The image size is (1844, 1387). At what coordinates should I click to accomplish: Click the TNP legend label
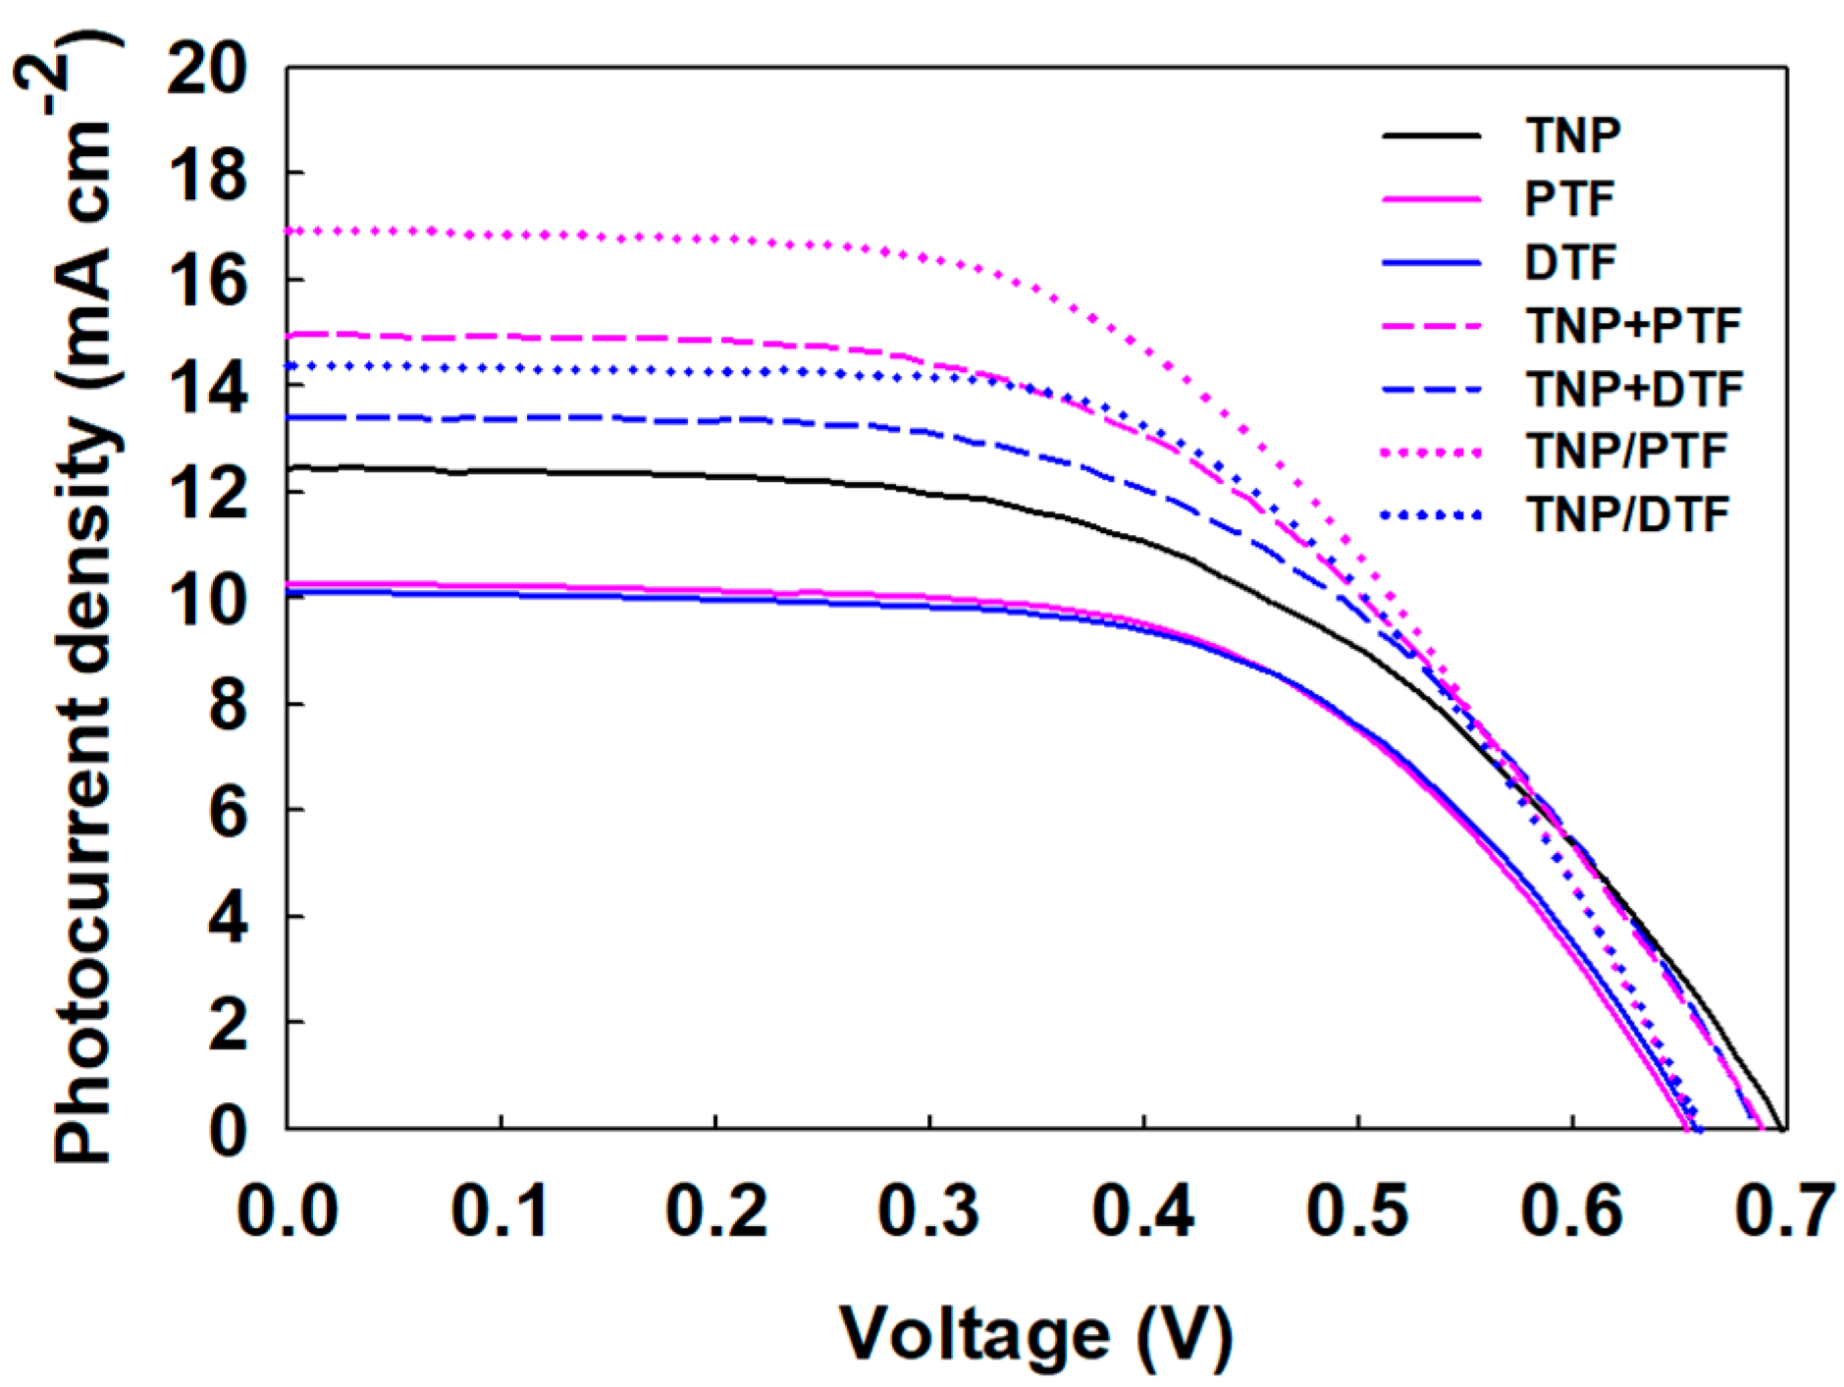click(x=1572, y=135)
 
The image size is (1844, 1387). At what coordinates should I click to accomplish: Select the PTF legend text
click(x=1569, y=199)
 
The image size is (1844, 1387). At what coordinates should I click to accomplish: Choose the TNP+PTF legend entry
click(x=1633, y=326)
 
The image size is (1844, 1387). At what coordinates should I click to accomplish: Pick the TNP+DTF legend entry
click(x=1634, y=390)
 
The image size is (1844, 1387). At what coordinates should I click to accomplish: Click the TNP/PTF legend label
click(x=1626, y=453)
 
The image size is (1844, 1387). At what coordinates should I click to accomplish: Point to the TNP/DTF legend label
click(x=1627, y=515)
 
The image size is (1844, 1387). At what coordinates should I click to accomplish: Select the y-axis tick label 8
click(x=228, y=705)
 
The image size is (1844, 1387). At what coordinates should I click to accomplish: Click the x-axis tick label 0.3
click(x=928, y=1210)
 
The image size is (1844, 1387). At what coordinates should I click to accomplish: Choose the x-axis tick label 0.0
click(x=288, y=1210)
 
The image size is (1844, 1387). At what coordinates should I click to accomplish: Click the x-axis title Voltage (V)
click(x=1034, y=1335)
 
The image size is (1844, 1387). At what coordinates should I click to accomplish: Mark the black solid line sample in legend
click(x=1431, y=135)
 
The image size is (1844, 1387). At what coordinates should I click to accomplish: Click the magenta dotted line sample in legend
click(x=1431, y=453)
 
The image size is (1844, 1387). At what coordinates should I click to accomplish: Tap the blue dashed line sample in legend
click(x=1431, y=390)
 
